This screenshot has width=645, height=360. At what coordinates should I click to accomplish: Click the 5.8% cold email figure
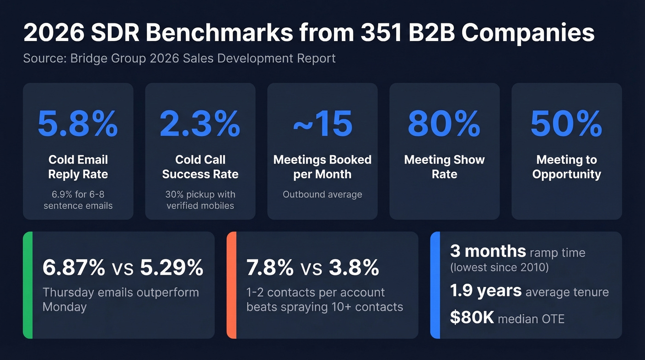pos(78,124)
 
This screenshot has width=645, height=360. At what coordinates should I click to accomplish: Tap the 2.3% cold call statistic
pos(200,124)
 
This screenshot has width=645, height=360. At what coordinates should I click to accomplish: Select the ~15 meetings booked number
pos(322,124)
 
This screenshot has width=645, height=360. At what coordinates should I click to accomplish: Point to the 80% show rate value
pos(444,124)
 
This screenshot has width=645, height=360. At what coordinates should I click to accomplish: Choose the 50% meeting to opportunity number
pos(566,124)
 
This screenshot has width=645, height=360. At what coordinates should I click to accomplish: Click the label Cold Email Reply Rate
pos(78,167)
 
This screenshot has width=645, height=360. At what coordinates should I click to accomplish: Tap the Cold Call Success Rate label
pos(200,167)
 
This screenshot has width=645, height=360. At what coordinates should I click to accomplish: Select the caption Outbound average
pos(322,195)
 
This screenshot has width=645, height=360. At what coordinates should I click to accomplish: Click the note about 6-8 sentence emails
pos(78,200)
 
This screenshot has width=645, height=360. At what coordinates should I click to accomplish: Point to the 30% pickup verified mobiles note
pos(200,200)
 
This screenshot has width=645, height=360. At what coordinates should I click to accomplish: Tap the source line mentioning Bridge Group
pos(179,59)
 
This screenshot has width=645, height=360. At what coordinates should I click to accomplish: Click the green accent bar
pos(28,285)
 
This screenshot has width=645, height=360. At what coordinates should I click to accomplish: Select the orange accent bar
pos(232,285)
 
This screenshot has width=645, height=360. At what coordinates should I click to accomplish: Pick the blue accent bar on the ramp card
pos(435,285)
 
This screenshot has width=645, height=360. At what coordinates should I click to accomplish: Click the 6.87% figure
pos(74,268)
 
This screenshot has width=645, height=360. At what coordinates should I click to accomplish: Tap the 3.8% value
pos(354,268)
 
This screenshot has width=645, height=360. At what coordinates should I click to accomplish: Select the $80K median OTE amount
pos(472,318)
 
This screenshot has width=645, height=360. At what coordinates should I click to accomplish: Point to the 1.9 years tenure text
pos(486,291)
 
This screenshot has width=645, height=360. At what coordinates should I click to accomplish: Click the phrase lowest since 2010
pos(499,267)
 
